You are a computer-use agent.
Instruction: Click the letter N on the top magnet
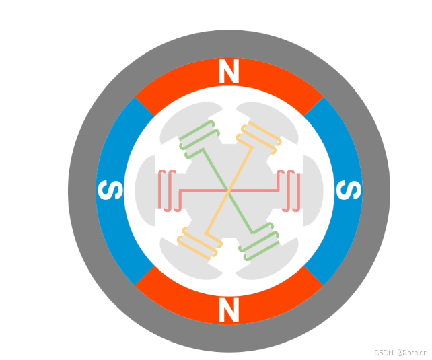coord(229,72)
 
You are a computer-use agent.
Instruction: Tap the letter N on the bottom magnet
coord(229,310)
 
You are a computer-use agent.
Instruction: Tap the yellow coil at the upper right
coord(258,137)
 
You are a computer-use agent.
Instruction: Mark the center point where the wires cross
coord(229,191)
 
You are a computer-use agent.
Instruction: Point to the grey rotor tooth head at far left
coord(145,191)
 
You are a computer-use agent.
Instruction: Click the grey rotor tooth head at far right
coord(314,191)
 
